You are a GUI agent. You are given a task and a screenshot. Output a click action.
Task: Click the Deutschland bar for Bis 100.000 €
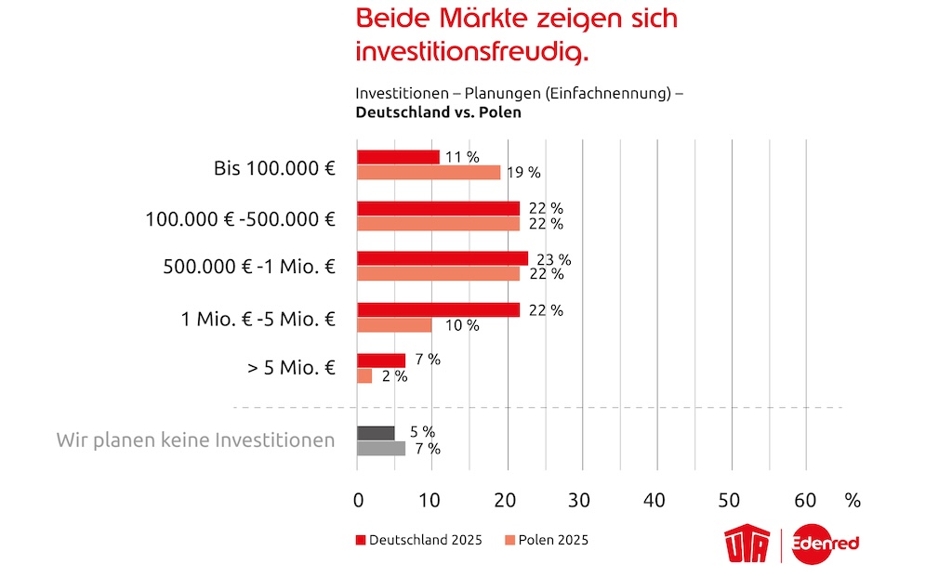(x=398, y=157)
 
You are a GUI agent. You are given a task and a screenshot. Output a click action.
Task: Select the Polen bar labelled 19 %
(x=429, y=172)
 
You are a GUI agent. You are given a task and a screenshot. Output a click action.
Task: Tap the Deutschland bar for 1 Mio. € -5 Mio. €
(x=439, y=309)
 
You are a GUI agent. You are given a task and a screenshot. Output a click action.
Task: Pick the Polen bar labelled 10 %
(x=394, y=324)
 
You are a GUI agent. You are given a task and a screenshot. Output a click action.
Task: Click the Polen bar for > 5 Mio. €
(x=364, y=375)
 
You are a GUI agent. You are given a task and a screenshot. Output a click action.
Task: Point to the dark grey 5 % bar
(x=376, y=432)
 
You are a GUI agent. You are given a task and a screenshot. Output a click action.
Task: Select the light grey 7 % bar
(x=381, y=448)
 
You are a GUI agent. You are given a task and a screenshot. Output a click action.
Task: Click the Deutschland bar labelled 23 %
(x=443, y=258)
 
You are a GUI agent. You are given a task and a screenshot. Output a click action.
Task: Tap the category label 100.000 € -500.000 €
(x=240, y=219)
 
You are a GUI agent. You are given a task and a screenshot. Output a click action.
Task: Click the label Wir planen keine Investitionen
(x=195, y=439)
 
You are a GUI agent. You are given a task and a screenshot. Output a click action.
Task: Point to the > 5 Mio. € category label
(x=291, y=367)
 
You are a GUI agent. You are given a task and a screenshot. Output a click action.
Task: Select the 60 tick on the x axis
(x=806, y=500)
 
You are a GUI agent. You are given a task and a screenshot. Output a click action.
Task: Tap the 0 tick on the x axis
(x=358, y=500)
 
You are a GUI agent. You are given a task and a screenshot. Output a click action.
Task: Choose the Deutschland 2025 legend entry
(x=418, y=540)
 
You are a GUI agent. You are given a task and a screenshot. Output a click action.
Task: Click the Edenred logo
(x=826, y=547)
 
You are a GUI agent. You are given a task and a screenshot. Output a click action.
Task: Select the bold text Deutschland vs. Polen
(x=438, y=112)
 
